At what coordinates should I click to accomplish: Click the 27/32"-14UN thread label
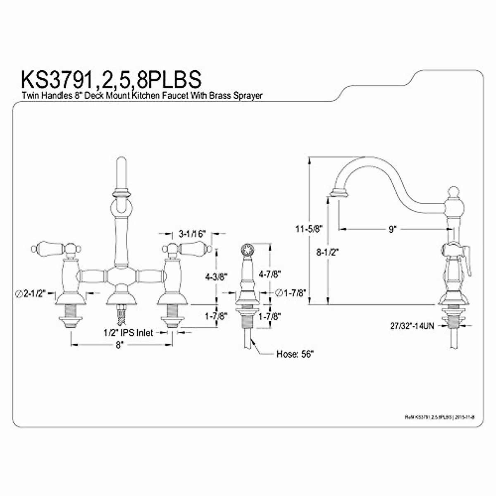[x=412, y=326]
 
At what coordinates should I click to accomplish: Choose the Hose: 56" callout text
[x=295, y=354]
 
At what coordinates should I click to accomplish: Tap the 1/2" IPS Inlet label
[x=128, y=332]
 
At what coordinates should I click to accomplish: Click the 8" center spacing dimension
[x=120, y=345]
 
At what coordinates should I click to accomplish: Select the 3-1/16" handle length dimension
[x=192, y=234]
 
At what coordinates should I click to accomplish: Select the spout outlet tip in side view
[x=337, y=193]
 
